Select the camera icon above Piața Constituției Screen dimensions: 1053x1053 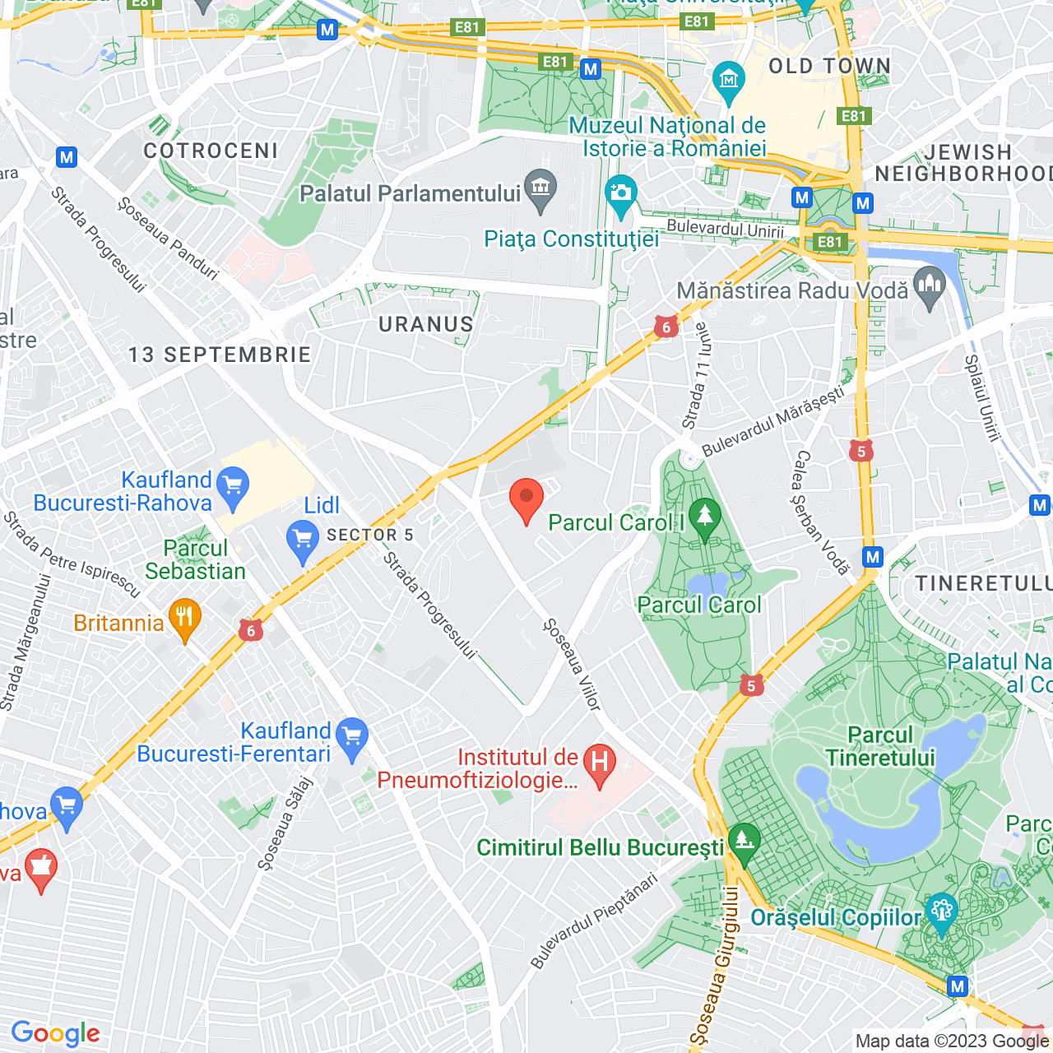point(621,194)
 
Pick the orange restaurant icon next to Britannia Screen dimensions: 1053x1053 point(185,618)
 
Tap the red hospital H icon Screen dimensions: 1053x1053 point(600,762)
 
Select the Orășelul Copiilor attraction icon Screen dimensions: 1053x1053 point(941,912)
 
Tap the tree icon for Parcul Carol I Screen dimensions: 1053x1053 point(704,517)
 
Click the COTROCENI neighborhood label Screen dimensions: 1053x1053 point(211,151)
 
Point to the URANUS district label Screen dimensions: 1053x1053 point(426,325)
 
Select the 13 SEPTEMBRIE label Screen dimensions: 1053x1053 point(220,355)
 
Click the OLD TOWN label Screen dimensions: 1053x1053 point(829,67)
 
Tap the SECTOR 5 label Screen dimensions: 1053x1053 point(370,536)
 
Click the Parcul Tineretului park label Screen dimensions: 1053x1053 point(880,746)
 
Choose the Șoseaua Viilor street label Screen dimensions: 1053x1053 point(573,664)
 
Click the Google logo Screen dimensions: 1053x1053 point(56,1033)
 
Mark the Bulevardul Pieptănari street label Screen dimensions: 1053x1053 point(594,921)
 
